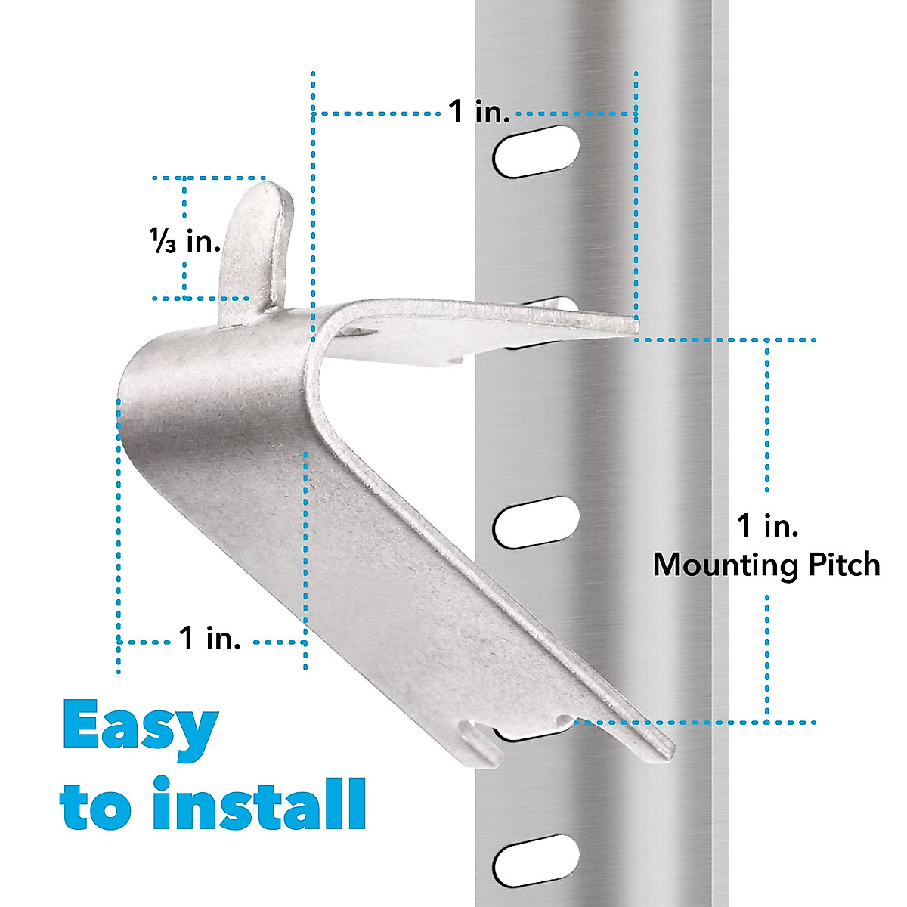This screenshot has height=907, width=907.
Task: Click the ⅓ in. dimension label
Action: click(185, 242)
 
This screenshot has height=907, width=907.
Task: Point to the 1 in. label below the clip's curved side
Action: click(210, 639)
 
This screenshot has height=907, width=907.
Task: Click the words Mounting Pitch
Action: click(766, 565)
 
